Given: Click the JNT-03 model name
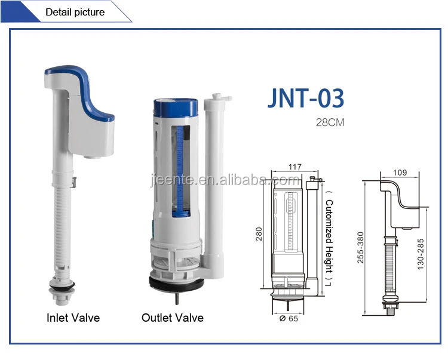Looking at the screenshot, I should tap(306, 97).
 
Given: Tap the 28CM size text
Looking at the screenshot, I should tap(330, 123).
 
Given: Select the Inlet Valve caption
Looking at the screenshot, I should tap(73, 318).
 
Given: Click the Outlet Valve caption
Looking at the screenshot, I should tap(172, 318).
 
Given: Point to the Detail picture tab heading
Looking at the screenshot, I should tap(75, 12).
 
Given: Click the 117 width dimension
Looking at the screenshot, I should tap(295, 167).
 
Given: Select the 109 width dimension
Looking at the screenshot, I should tap(400, 173).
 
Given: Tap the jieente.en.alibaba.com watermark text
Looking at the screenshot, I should tap(225, 180).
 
